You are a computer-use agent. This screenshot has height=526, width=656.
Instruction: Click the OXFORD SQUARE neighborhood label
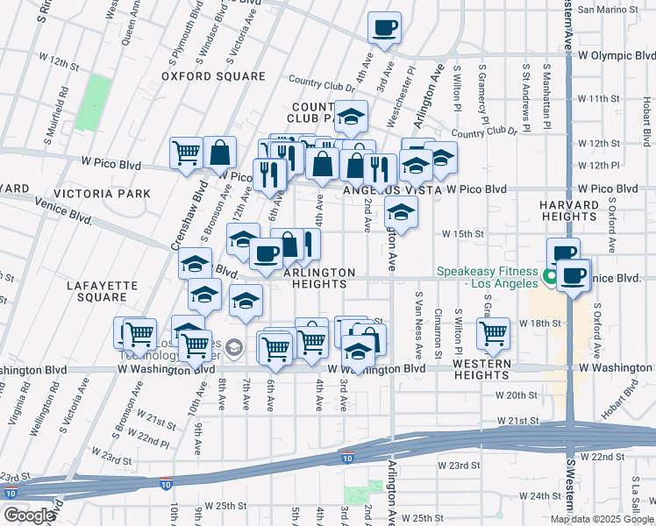pos(213,76)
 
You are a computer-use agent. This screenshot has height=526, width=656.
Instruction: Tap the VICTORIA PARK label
pos(102,193)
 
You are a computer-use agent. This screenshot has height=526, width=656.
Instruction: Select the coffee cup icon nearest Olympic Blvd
pos(384,28)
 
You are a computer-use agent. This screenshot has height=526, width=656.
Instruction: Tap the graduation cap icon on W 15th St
pos(401,212)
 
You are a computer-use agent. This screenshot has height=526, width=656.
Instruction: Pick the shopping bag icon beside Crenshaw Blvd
pos(220,153)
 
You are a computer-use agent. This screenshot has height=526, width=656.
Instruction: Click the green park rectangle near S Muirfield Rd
pos(94,103)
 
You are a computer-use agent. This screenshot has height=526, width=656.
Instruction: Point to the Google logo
pos(30,515)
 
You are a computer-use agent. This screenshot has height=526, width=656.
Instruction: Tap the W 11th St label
pos(606,98)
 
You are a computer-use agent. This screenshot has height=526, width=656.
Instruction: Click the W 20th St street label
pos(515,395)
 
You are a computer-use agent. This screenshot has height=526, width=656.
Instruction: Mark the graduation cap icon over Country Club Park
pos(351,116)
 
